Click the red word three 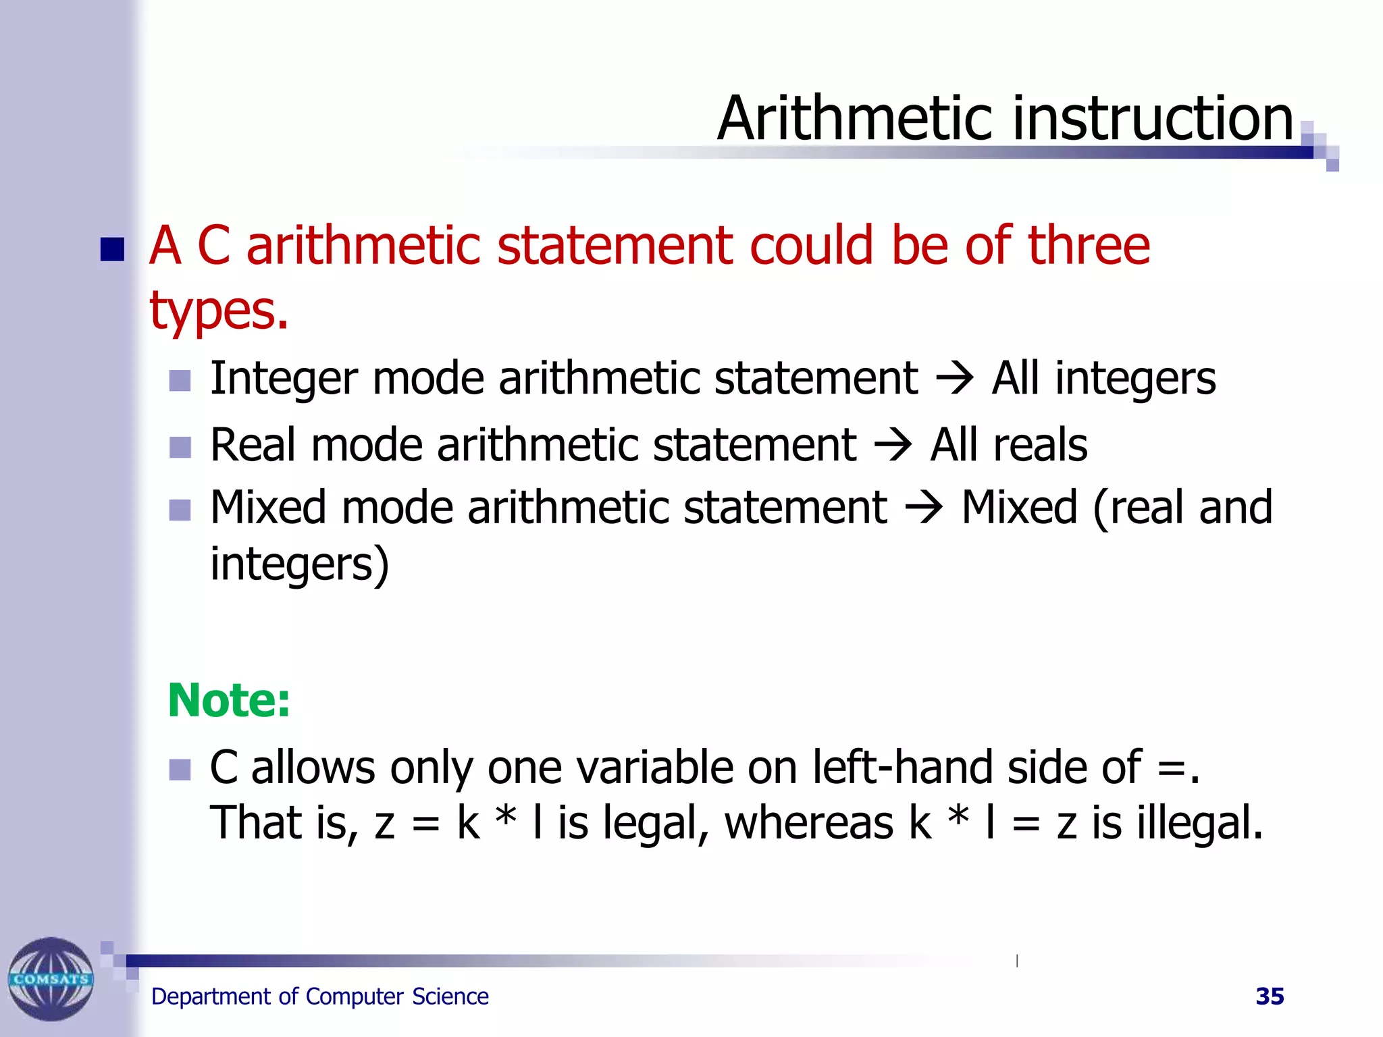coord(1089,246)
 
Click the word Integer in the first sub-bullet coord(283,379)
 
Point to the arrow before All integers coord(954,379)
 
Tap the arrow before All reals coord(893,446)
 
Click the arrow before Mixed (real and coord(923,508)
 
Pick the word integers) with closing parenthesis coord(299,564)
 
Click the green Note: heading coord(229,700)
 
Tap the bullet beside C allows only coord(180,769)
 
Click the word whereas coord(809,823)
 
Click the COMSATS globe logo coord(51,978)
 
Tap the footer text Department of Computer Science coord(319,996)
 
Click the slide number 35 coord(1270,996)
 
